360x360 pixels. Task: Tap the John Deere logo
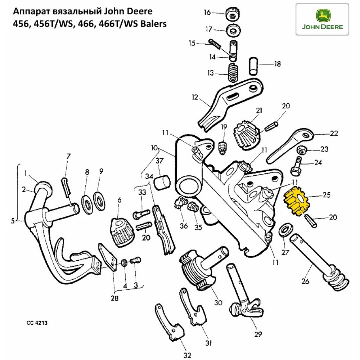point(322,20)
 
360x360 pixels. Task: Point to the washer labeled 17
point(234,31)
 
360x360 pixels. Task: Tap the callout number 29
point(257,334)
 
